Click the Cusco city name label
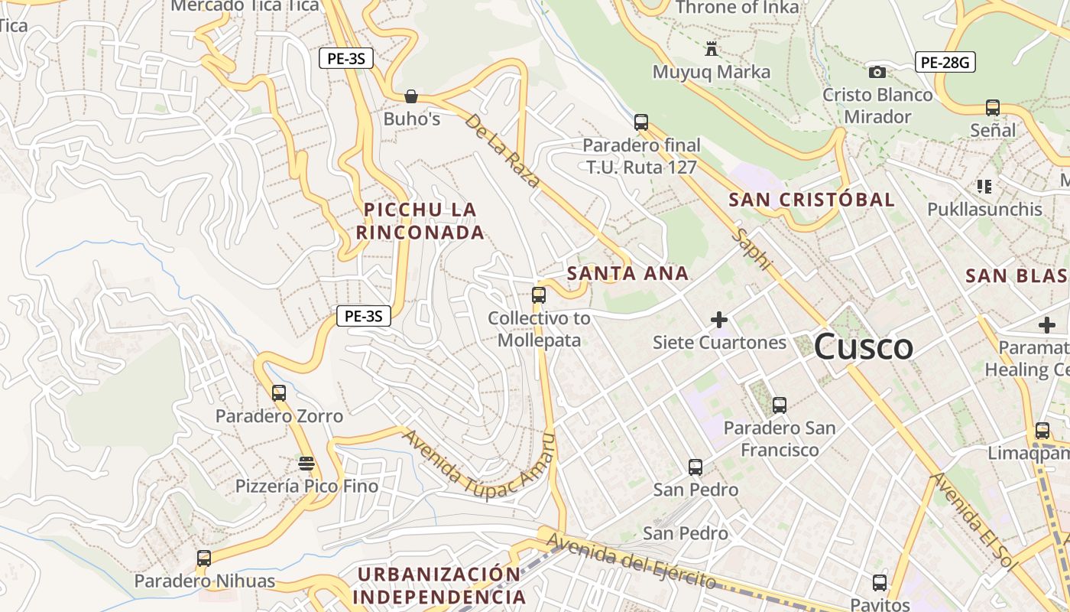point(863,347)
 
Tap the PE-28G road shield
point(945,63)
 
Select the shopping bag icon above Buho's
point(411,96)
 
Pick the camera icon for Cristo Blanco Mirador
point(877,73)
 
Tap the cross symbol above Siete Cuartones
point(719,320)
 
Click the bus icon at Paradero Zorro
point(279,393)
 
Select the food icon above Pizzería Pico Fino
point(306,464)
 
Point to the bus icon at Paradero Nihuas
point(204,558)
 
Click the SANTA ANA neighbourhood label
point(627,274)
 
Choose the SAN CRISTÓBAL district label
point(811,200)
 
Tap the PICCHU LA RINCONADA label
point(420,221)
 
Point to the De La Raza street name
point(503,151)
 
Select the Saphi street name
point(752,248)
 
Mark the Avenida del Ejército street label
point(631,562)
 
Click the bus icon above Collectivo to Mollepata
point(539,295)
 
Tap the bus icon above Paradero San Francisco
point(779,405)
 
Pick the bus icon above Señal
point(993,108)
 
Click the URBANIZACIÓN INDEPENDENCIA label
point(439,586)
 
